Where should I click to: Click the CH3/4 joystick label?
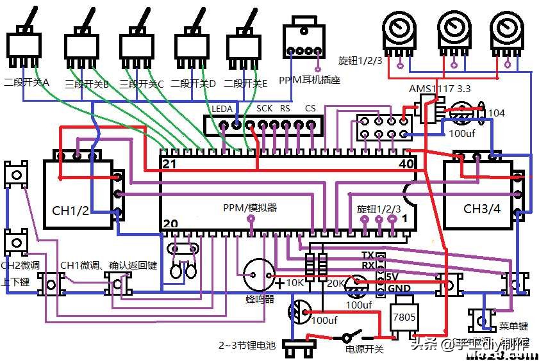481,209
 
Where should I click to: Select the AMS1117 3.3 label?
440,89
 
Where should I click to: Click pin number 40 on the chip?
406,164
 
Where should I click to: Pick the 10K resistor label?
295,283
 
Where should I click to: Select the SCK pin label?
265,109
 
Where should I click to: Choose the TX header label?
368,255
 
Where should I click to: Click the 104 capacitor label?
496,113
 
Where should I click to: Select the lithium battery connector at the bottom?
300,350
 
